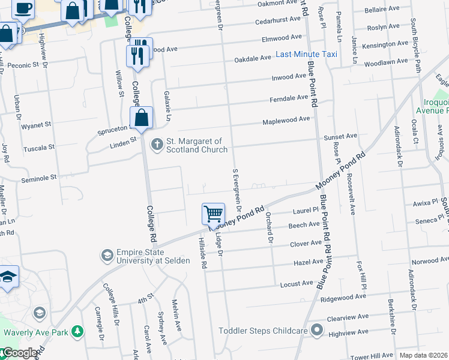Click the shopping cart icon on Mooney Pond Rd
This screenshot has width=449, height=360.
coord(213,213)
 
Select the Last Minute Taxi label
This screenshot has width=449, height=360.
coord(306,55)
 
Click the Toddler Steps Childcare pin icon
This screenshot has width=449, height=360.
coord(318,331)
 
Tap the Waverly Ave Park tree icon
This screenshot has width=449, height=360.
coord(77,332)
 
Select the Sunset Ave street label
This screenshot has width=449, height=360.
coord(340,137)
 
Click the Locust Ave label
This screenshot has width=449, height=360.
coord(297,283)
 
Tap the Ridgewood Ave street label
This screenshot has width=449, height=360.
coord(343,297)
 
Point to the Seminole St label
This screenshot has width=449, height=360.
coord(38,178)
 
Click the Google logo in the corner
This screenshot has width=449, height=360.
coord(19,353)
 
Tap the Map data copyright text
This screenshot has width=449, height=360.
coord(424,355)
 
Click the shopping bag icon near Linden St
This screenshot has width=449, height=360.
coord(141,117)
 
